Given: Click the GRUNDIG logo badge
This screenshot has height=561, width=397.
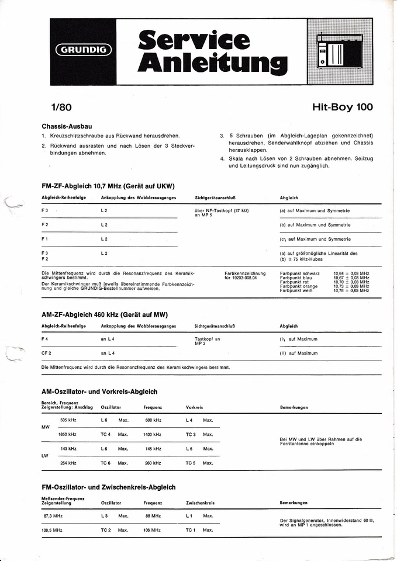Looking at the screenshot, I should pos(84,50).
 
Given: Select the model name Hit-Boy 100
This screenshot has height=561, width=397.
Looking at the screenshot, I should pos(342,106).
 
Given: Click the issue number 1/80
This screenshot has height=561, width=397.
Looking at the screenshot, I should pos(61,107).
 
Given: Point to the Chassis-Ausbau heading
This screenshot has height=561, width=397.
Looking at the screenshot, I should pos(67,126).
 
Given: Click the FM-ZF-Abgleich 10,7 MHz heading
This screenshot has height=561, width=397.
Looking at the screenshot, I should pos(108,186).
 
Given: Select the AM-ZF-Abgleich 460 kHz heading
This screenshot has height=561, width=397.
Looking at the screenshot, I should pos(104,314).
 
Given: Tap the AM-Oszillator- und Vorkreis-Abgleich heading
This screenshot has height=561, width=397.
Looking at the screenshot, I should pos(99,392).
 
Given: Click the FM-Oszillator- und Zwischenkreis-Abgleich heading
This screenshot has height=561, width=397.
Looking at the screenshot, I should pos(109,486).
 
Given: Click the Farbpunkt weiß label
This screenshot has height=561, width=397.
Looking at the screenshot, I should pos(298,290).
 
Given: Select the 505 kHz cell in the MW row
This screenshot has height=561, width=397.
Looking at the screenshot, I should pos(68,420).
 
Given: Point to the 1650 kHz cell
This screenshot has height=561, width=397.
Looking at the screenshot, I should pos(67,434).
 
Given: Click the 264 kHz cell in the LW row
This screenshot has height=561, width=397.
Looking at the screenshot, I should pos(68,463).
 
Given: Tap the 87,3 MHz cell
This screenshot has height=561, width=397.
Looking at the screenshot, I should pos(53,516).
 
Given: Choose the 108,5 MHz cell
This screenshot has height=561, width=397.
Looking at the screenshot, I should pos(53,530).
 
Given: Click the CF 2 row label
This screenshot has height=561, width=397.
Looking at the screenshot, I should pos(47,353).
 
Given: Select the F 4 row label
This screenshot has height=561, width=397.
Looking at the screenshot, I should pos(45,339).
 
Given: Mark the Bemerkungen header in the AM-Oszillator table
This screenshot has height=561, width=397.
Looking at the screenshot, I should pos(294,407).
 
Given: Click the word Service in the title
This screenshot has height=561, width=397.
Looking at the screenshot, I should pos(194,40).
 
